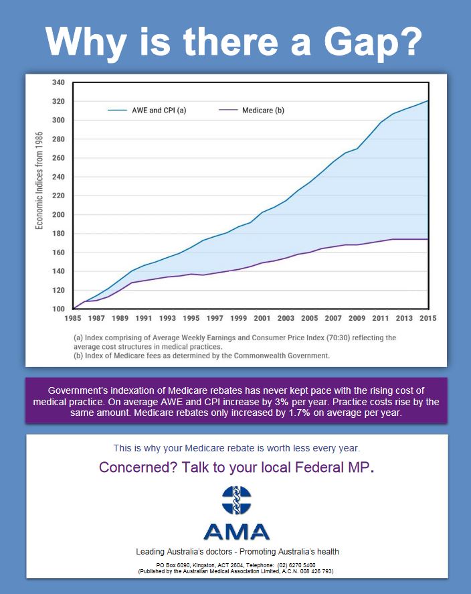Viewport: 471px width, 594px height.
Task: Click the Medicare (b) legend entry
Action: [261, 110]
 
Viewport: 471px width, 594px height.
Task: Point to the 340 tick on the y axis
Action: [58, 82]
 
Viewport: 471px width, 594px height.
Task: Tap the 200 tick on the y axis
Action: [58, 215]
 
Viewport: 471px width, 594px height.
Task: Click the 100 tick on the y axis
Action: [58, 309]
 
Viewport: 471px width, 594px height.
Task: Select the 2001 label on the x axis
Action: [262, 319]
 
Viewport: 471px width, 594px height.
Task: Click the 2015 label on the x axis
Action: [428, 319]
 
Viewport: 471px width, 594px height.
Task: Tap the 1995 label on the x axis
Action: [191, 319]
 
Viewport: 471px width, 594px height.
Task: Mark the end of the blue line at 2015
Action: [428, 101]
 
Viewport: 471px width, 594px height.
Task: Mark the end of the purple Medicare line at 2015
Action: [428, 239]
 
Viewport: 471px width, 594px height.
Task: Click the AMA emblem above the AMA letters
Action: [236, 502]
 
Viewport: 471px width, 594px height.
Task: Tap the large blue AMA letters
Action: [236, 532]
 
